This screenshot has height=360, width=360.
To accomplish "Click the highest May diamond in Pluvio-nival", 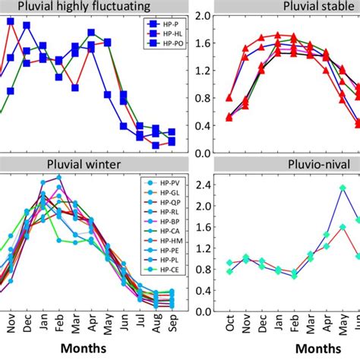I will pyautogui.click(x=343, y=188).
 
